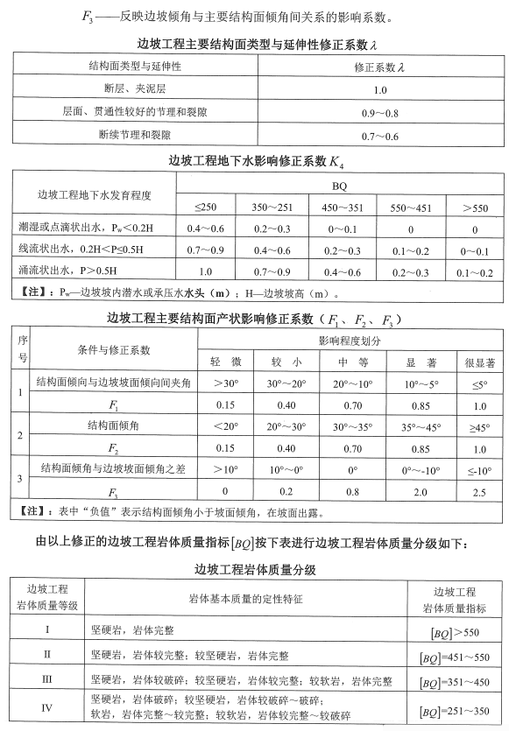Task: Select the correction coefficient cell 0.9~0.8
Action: (x=380, y=114)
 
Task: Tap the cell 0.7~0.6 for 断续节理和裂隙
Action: (x=380, y=137)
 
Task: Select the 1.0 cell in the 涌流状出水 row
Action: (x=209, y=271)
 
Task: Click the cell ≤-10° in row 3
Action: (x=479, y=470)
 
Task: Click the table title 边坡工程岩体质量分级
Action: (x=254, y=569)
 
